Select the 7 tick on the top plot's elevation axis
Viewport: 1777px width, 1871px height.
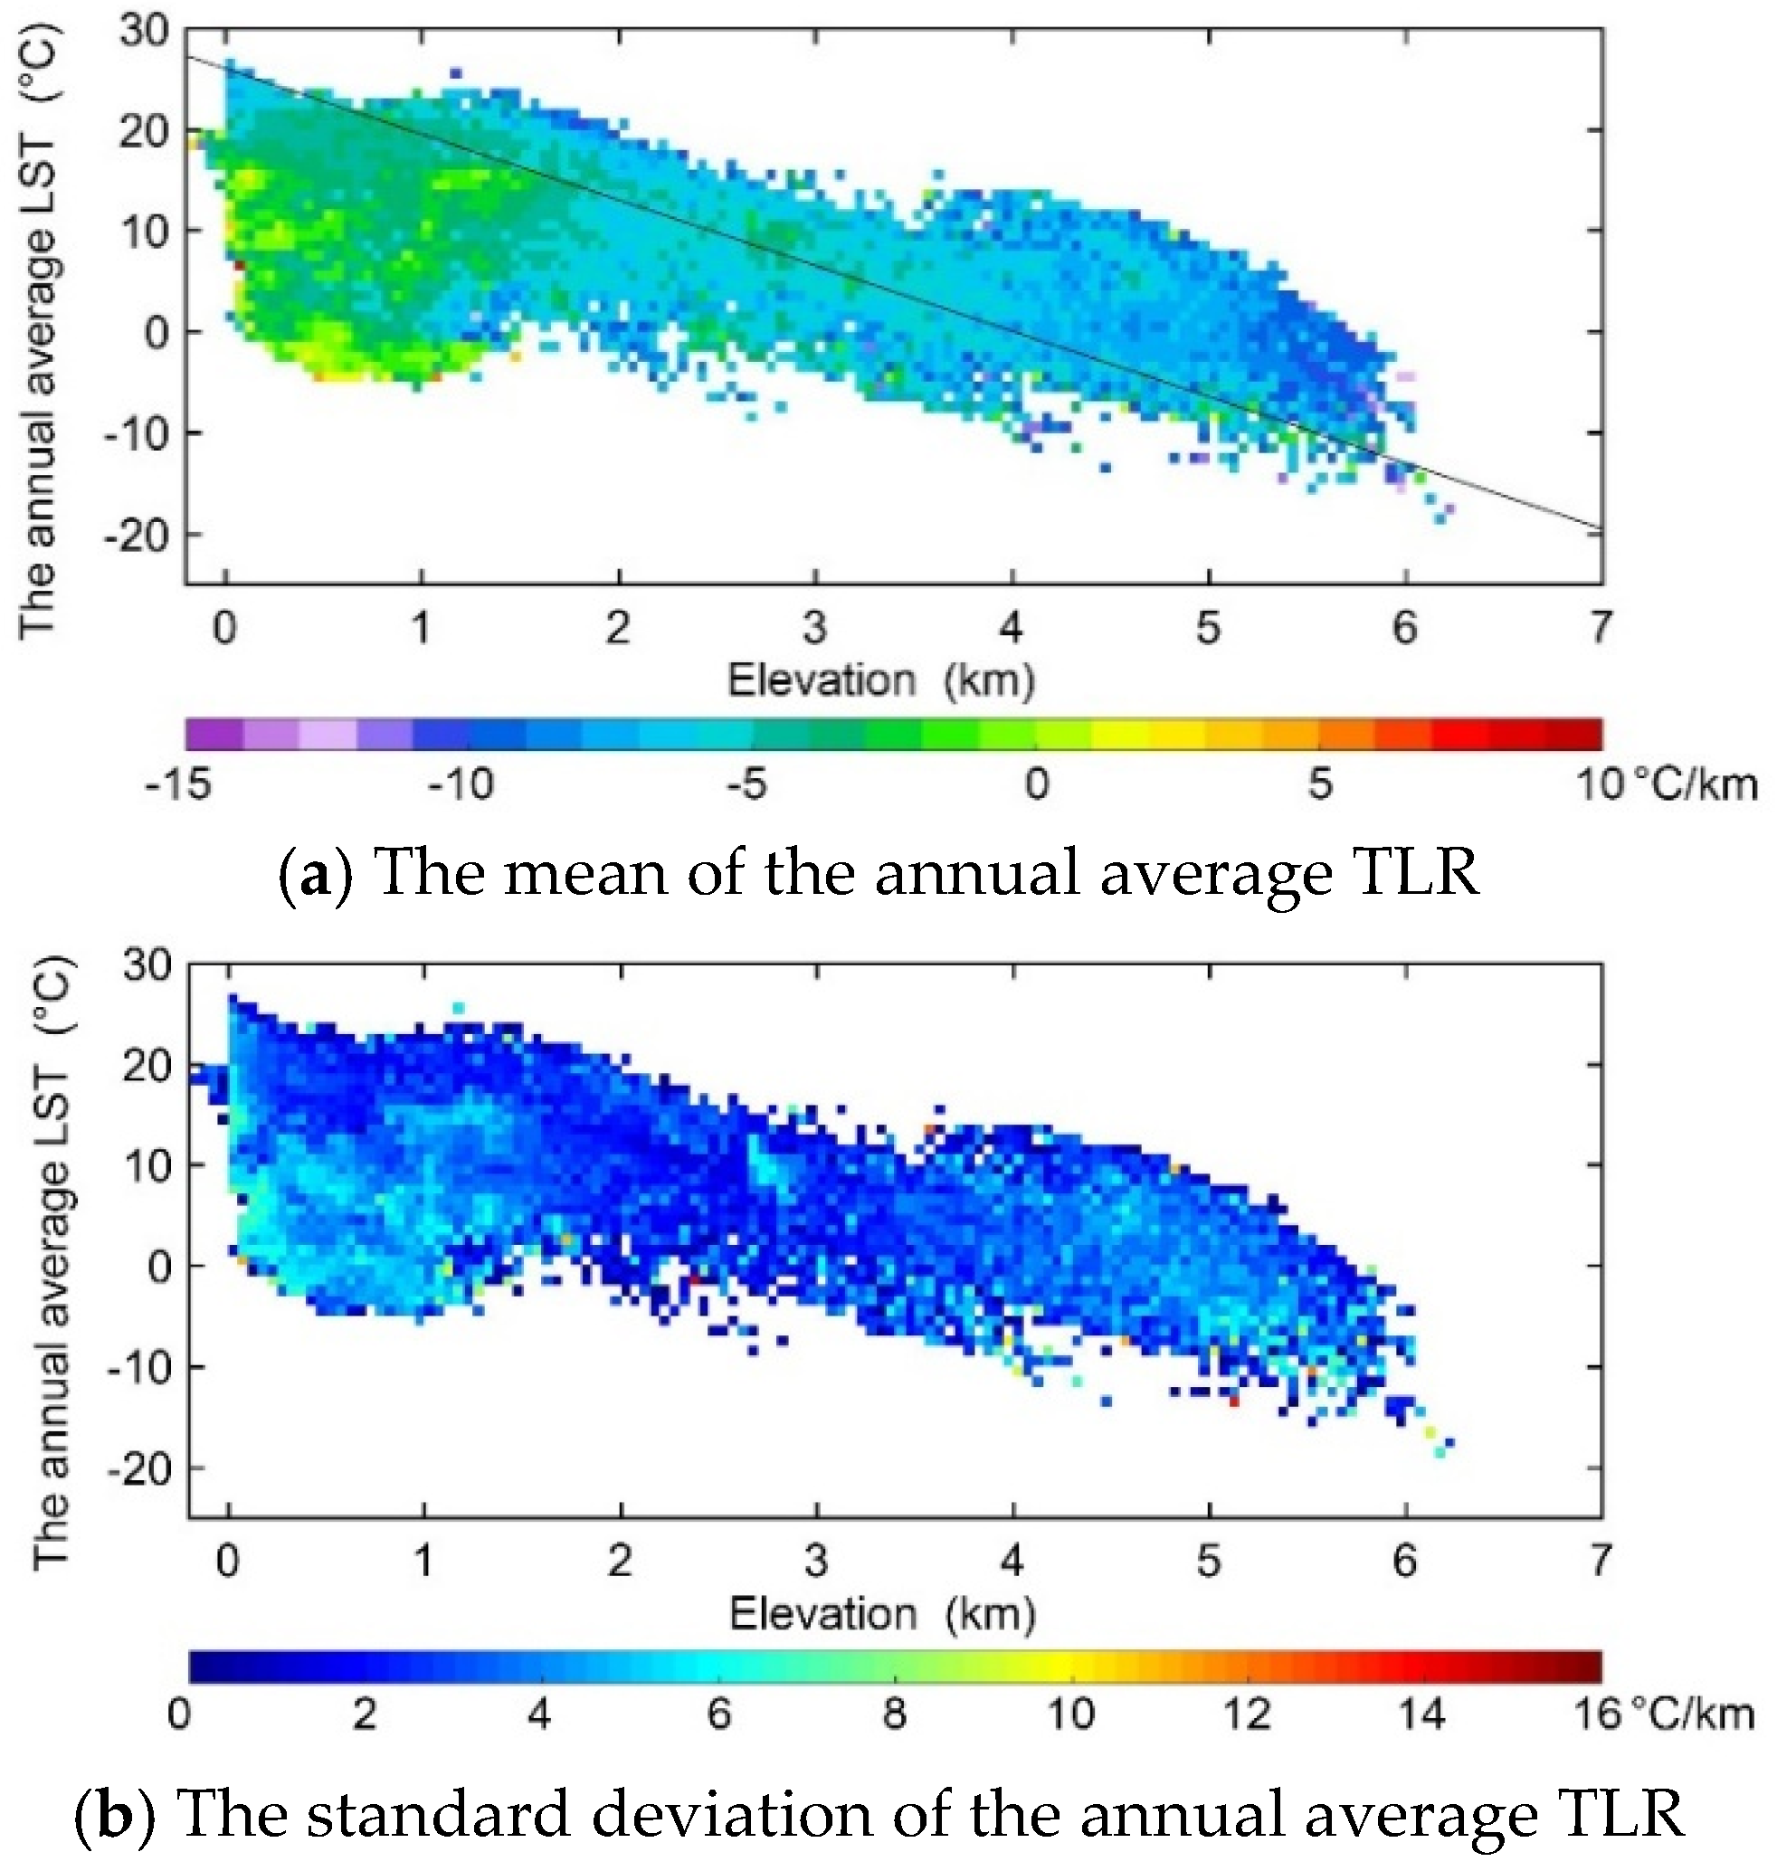pyautogui.click(x=1600, y=627)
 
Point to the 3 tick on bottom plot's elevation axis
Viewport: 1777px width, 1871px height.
pyautogui.click(x=815, y=1560)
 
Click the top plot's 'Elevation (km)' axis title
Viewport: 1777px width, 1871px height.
pyautogui.click(x=880, y=680)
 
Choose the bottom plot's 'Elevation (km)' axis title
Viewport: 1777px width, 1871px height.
pyautogui.click(x=882, y=1613)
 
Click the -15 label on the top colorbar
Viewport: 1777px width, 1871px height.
pyautogui.click(x=178, y=784)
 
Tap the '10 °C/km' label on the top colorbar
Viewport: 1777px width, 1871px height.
pyautogui.click(x=1665, y=784)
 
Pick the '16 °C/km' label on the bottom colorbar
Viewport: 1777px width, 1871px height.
pyautogui.click(x=1663, y=1714)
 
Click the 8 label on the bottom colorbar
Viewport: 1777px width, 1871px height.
pyautogui.click(x=894, y=1714)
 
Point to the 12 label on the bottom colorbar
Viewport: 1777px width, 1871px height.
pyautogui.click(x=1247, y=1714)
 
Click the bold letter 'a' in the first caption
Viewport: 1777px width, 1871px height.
pyautogui.click(x=316, y=874)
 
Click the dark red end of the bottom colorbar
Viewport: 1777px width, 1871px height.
pyautogui.click(x=1588, y=1667)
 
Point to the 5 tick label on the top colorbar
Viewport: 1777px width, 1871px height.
pyautogui.click(x=1319, y=784)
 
